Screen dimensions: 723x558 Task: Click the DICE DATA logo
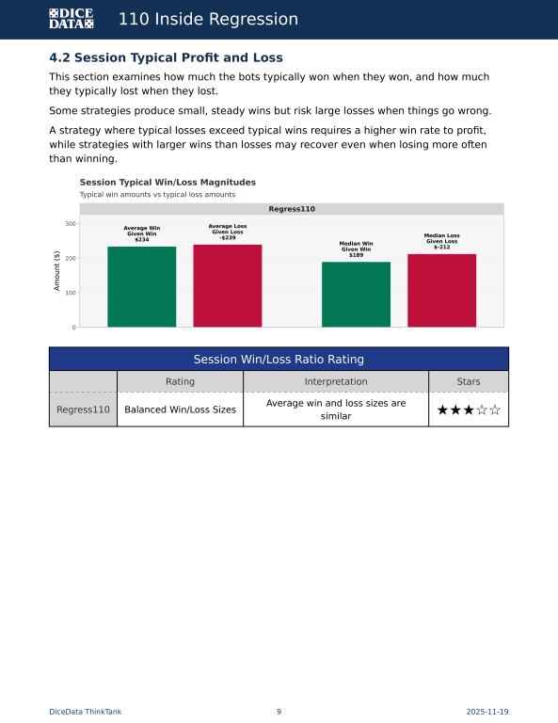coord(71,19)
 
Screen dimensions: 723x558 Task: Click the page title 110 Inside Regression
coord(208,19)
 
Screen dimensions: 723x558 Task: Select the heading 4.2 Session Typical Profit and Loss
coord(166,58)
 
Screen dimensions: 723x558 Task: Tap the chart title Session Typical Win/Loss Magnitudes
coord(167,182)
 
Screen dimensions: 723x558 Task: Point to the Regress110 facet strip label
coord(292,209)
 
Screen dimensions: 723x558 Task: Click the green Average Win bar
coord(141,286)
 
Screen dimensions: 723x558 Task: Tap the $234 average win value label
coord(142,240)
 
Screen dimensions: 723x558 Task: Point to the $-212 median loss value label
coord(441,247)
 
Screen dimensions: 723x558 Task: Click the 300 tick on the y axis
coord(71,223)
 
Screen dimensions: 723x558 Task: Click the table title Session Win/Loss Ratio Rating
coord(279,360)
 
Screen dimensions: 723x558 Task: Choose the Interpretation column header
coord(336,381)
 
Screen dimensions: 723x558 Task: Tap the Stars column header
coord(469,381)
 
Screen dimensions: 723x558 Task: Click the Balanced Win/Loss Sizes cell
coord(180,410)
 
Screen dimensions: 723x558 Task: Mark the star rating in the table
coord(469,410)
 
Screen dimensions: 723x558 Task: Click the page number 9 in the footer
coord(279,712)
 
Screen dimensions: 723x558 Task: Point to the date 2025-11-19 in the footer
coord(487,712)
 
